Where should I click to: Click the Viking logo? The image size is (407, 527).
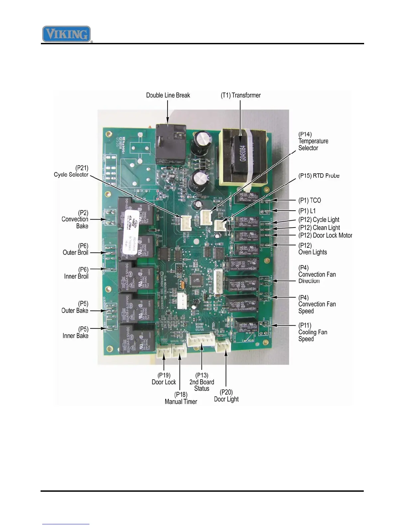coord(67,34)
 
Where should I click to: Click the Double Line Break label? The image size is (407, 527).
coord(168,95)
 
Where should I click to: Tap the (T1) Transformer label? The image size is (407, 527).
coord(241,95)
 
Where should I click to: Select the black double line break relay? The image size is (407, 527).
coord(171,144)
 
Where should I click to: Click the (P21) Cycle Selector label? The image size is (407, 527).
coord(71,171)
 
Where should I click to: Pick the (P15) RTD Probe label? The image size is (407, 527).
coord(319,176)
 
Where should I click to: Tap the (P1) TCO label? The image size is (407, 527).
coord(310,200)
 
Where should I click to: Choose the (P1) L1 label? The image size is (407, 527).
coord(307,211)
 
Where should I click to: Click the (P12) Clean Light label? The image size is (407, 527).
coord(319,228)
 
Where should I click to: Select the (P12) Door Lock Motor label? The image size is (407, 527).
coord(325,236)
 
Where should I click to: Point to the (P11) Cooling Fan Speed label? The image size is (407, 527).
coord(313,332)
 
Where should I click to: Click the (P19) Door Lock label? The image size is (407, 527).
coord(164,379)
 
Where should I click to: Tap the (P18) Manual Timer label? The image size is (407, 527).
coord(181,398)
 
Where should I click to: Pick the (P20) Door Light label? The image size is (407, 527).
coord(226,396)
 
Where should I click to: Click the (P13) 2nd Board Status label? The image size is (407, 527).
coord(202,382)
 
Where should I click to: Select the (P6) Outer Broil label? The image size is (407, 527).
coord(76,249)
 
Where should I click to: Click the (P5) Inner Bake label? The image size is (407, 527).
coord(76,332)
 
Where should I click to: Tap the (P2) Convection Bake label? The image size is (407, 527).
coord(75,219)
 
